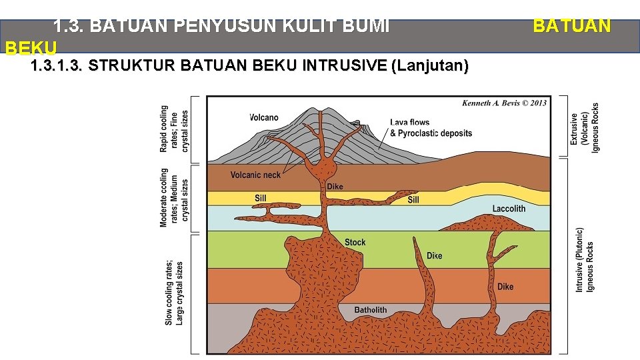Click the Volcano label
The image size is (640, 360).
(x=264, y=117)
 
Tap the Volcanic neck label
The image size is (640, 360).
(x=256, y=175)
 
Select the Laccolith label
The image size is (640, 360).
(x=509, y=209)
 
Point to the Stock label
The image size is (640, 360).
(x=355, y=242)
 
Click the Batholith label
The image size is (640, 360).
(x=370, y=310)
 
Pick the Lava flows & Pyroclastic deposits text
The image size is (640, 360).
(x=431, y=128)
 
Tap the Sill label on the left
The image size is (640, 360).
(x=260, y=198)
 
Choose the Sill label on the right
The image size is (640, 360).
(x=413, y=199)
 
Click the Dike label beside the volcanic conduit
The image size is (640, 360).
(x=335, y=187)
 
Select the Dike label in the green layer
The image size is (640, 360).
(x=434, y=256)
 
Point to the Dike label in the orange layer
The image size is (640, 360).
(x=505, y=287)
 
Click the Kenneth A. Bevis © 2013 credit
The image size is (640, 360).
(x=504, y=103)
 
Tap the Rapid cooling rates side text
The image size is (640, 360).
(x=174, y=129)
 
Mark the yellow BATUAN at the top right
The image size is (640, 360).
(x=571, y=26)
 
